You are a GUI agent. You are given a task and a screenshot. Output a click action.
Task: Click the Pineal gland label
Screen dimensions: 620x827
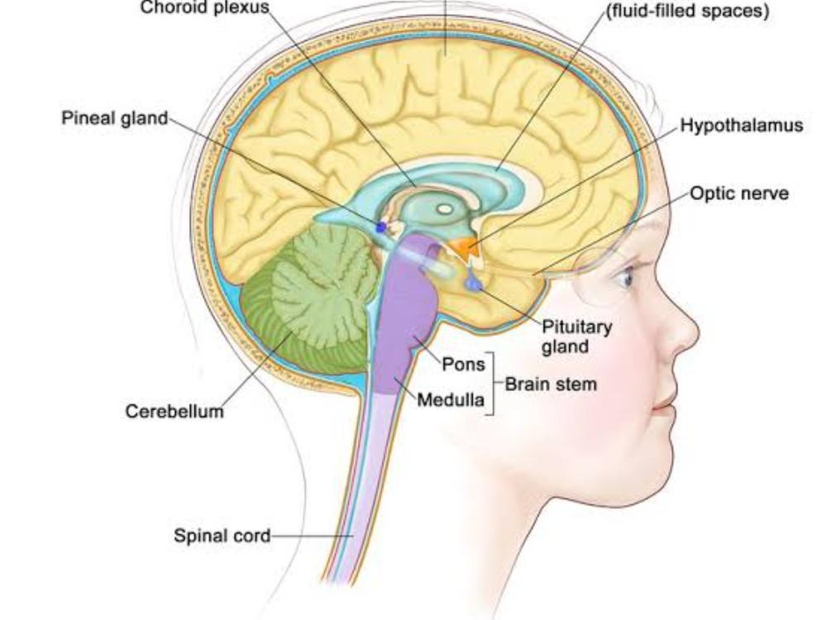[114, 118]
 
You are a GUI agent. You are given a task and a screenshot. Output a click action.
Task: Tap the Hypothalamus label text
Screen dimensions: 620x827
[741, 126]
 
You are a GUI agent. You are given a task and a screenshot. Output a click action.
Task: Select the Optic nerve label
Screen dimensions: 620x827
[739, 193]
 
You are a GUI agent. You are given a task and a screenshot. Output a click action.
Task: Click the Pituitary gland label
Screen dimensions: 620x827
[577, 336]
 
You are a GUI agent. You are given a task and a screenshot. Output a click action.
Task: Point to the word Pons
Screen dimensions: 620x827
[463, 365]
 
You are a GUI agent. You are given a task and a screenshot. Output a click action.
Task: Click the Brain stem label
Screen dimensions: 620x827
[550, 384]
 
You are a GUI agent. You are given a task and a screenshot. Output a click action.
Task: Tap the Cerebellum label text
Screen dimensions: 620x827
[174, 411]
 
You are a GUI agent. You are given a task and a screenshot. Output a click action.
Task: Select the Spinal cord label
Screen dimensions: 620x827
[222, 536]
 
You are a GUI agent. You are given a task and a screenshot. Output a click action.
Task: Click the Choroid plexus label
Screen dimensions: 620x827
[204, 7]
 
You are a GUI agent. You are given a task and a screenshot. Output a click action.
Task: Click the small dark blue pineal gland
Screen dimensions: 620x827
[381, 226]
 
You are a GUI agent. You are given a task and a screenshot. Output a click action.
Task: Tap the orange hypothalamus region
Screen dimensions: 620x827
[469, 246]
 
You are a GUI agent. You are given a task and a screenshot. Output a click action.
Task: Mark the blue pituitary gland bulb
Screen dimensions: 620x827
[474, 284]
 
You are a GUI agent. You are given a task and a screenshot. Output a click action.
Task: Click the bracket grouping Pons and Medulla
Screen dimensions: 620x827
[491, 384]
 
